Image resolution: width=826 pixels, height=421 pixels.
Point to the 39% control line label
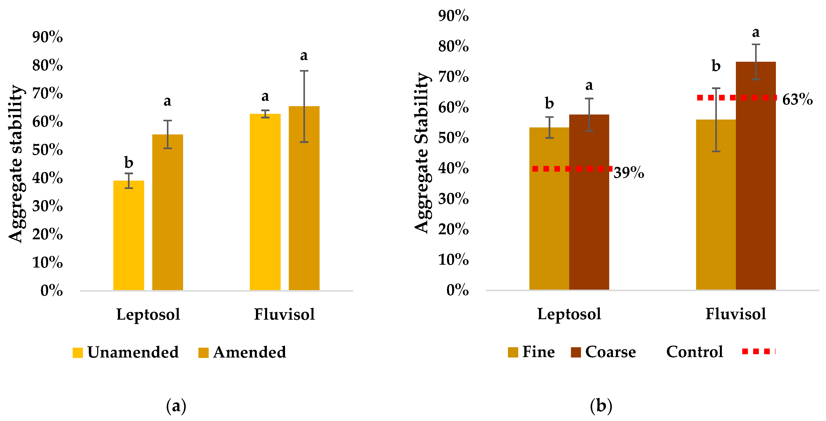(628, 173)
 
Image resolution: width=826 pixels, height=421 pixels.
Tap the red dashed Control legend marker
(758, 351)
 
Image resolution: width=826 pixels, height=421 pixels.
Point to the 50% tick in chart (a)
(47, 150)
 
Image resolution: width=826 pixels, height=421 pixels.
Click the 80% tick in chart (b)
(453, 46)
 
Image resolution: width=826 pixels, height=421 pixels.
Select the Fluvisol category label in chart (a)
(284, 314)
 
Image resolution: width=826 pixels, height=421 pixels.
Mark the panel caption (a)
(176, 406)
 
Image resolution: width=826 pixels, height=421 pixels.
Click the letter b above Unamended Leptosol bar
(129, 162)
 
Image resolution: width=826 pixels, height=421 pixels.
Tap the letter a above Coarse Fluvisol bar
(756, 32)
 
